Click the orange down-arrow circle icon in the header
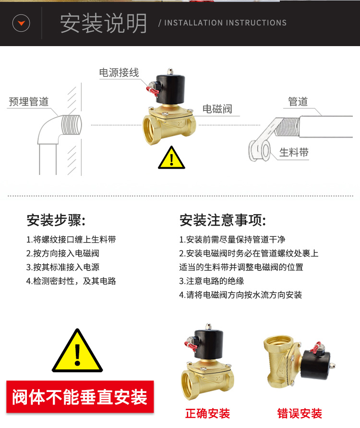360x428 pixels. tap(21, 23)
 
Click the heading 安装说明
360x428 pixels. tap(104, 23)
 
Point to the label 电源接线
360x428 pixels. tap(119, 73)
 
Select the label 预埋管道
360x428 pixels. tap(29, 101)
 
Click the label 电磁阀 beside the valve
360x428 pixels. tap(217, 109)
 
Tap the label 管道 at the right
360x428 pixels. tap(298, 101)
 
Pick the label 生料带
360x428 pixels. tap(294, 152)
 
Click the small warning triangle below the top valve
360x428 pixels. tap(171, 158)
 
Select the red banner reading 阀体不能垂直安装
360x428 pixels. tap(80, 397)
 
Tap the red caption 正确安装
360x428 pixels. tap(207, 413)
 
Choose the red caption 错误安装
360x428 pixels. tap(300, 413)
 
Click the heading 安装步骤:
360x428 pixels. tap(56, 220)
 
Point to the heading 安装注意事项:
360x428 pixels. tap(223, 220)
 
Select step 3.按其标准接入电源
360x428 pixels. tap(63, 267)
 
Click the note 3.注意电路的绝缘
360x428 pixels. tap(211, 281)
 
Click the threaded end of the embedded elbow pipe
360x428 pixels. tap(72, 125)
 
